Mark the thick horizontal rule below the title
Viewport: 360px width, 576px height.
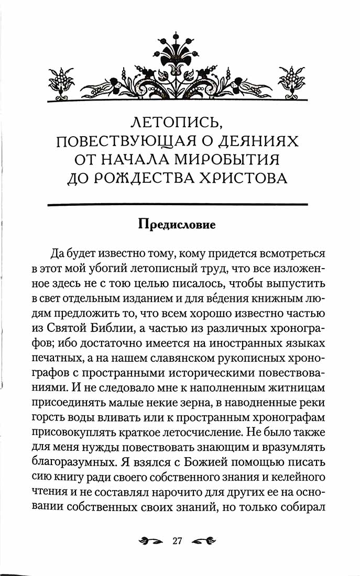177,203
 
